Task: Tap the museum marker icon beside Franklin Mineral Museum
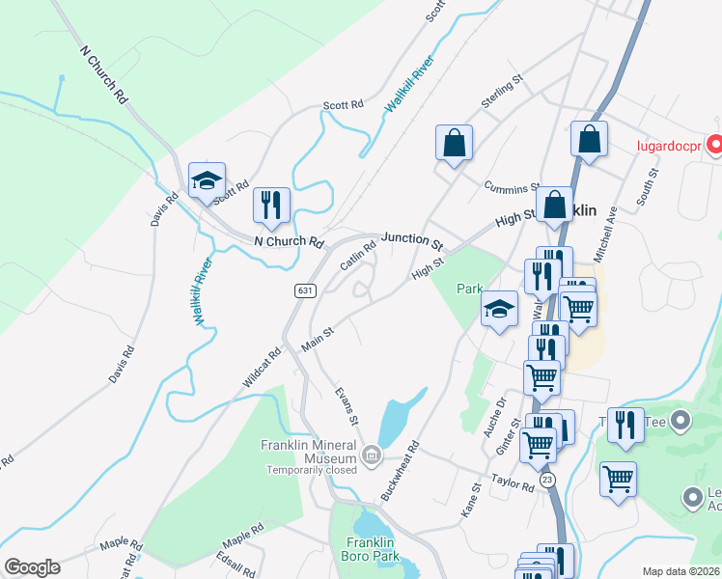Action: tap(371, 455)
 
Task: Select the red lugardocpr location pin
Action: tap(715, 146)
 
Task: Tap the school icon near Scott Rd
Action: tap(207, 180)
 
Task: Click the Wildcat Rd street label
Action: tap(262, 368)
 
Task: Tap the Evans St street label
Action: tap(346, 407)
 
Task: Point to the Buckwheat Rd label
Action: tap(400, 471)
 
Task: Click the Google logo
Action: tap(32, 567)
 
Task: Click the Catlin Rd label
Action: tap(357, 255)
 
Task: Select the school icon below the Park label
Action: tap(499, 309)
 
